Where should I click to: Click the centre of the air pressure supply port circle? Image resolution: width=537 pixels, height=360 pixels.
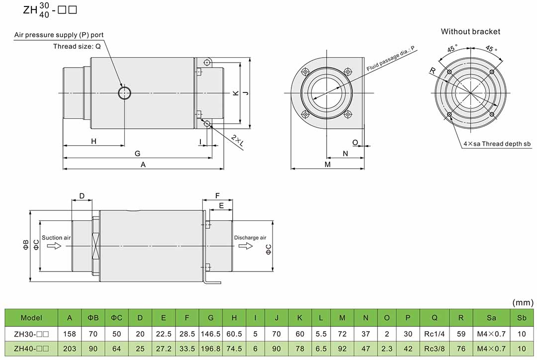click(x=125, y=92)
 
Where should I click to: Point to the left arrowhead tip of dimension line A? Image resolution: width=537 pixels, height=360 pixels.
click(x=63, y=169)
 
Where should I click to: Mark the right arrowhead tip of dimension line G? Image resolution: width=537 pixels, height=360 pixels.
click(x=212, y=158)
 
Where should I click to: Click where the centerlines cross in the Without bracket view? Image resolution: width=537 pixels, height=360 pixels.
click(x=470, y=93)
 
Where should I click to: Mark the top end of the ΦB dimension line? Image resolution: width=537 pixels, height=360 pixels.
click(x=30, y=210)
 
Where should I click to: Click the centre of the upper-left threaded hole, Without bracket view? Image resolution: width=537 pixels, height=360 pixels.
click(x=449, y=72)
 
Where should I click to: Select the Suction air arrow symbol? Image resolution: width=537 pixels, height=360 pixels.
click(x=54, y=246)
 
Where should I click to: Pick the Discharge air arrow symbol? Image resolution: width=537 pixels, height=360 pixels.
click(x=246, y=246)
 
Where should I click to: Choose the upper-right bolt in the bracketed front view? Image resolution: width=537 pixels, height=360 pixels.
click(x=348, y=72)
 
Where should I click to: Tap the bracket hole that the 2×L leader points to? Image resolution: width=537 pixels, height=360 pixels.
click(x=207, y=123)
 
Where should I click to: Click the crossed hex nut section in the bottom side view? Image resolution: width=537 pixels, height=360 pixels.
click(x=96, y=246)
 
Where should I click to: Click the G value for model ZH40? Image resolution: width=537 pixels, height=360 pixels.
click(x=211, y=349)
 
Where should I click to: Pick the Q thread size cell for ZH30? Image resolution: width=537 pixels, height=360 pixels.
click(x=434, y=334)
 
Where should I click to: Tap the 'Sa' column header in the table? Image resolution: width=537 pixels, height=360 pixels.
click(x=491, y=318)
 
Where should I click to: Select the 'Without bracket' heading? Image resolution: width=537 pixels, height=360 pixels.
click(x=470, y=31)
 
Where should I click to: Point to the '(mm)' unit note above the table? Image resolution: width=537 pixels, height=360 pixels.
click(x=523, y=302)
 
